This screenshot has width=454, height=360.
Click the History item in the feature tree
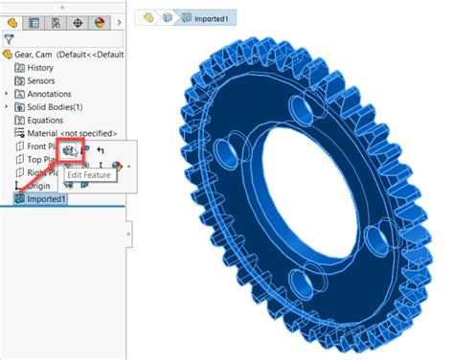[40, 68]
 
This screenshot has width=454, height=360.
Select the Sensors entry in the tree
[42, 81]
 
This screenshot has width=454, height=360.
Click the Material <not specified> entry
[73, 134]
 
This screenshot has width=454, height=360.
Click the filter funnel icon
[10, 39]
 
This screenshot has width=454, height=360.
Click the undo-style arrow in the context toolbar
[101, 150]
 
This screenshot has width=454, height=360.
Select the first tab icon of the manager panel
[12, 21]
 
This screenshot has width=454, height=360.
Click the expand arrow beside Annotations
[7, 95]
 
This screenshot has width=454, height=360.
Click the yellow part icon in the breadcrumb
[149, 17]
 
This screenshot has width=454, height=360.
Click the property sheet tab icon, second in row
[34, 21]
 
